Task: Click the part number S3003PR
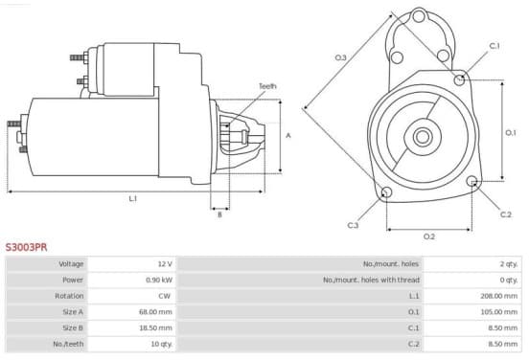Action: pos(26,247)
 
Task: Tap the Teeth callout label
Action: pos(267,86)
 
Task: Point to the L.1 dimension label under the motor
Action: pos(133,199)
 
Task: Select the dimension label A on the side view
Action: pos(288,136)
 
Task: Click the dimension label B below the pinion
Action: pos(219,214)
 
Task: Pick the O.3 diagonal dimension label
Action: pos(340,57)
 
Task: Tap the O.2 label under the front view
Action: pos(429,236)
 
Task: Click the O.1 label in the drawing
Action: pos(511,133)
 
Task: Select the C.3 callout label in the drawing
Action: pos(353,225)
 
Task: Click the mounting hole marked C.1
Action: pos(459,79)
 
